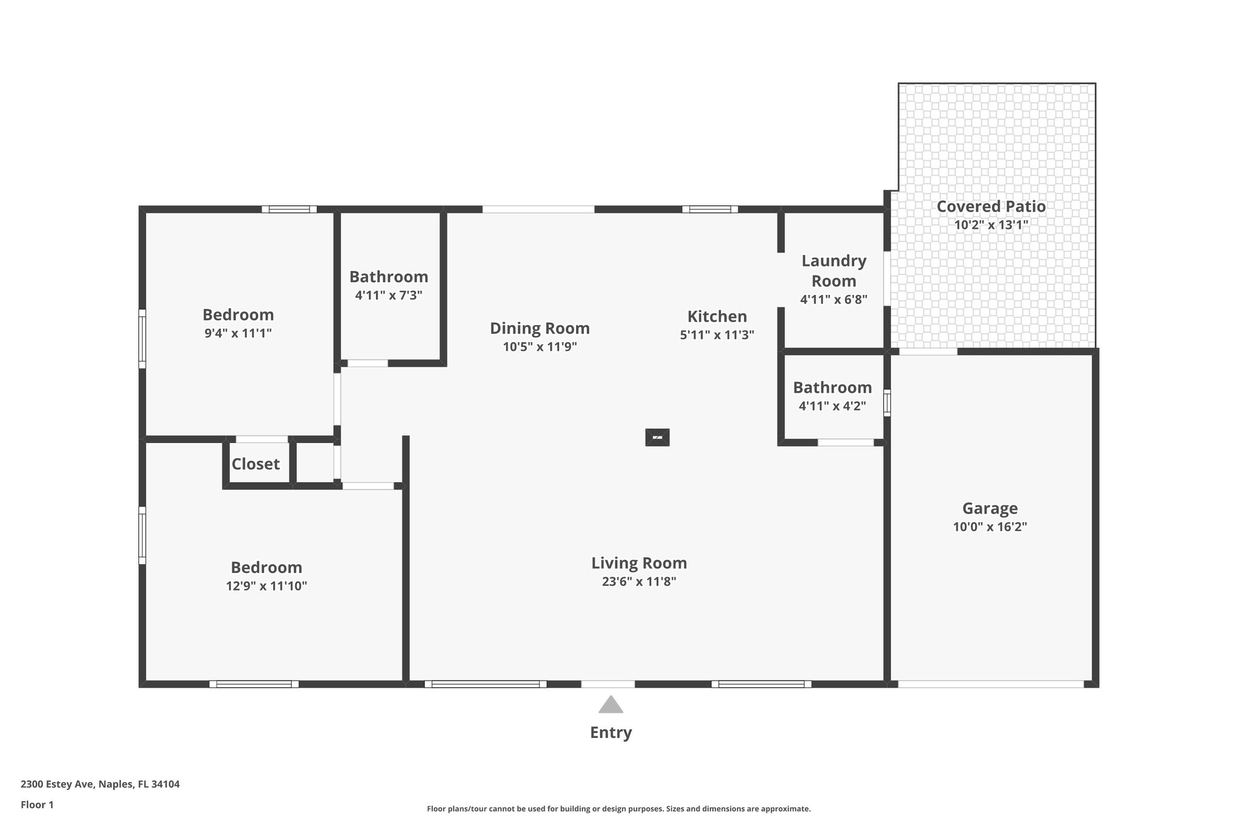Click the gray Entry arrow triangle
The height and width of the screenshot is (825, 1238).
click(x=611, y=705)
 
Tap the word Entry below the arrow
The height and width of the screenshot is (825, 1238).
click(x=611, y=733)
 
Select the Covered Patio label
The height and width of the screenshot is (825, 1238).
click(x=991, y=207)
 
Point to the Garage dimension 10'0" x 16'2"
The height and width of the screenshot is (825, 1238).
click(x=990, y=527)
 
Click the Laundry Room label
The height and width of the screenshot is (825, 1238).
click(x=834, y=271)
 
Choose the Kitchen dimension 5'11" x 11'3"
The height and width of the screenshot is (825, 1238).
click(x=717, y=335)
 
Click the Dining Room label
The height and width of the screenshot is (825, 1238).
click(x=539, y=328)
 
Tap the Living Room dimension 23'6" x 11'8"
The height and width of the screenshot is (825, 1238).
click(x=639, y=581)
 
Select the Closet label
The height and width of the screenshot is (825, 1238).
click(x=256, y=464)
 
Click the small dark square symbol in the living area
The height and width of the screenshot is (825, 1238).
click(x=657, y=437)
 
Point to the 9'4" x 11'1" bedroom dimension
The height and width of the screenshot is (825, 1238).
click(x=238, y=333)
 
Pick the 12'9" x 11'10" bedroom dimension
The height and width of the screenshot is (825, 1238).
click(x=267, y=586)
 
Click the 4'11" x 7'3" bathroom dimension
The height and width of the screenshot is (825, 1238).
click(x=388, y=296)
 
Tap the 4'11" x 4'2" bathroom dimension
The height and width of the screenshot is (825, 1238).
click(x=832, y=406)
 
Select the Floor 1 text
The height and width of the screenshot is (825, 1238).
click(x=37, y=804)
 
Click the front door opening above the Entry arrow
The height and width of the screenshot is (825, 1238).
click(x=608, y=684)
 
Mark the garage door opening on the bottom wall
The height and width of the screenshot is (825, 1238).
click(x=990, y=684)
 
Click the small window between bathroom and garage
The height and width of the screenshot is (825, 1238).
click(x=887, y=403)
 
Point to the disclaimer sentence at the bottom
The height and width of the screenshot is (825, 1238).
click(x=618, y=809)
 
